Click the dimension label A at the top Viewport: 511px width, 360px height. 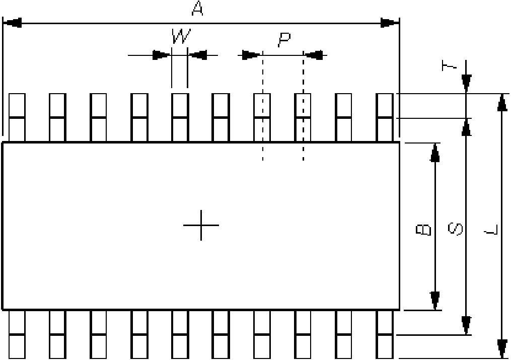[197, 9]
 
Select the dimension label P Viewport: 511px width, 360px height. [284, 39]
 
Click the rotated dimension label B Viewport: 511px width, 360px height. [423, 230]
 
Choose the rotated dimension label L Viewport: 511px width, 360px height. [490, 231]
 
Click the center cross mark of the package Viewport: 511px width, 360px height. [200, 225]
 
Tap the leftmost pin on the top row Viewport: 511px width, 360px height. [17, 117]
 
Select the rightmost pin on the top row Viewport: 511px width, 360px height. [385, 117]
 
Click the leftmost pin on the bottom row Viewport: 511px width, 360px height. [17, 334]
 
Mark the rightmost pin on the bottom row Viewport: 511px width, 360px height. [385, 334]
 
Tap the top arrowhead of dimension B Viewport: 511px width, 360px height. [435, 152]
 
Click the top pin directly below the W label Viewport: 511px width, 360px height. [180, 117]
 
